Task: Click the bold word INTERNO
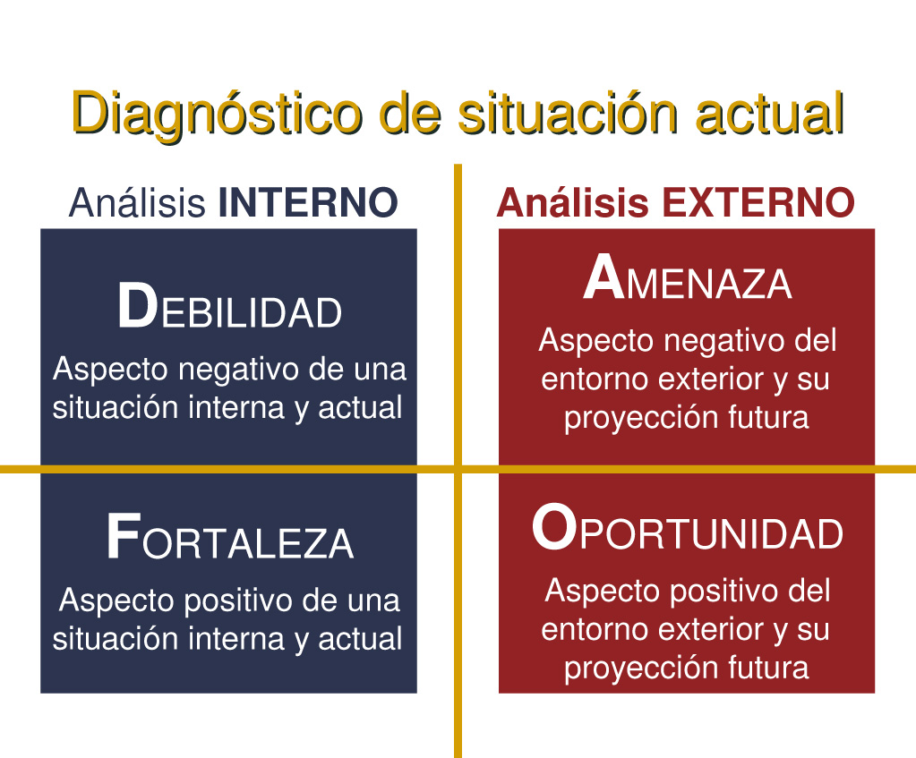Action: tap(308, 204)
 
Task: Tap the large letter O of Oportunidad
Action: tap(552, 529)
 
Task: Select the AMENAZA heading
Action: tap(687, 281)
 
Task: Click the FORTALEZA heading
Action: tap(229, 540)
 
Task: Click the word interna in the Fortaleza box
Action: tap(234, 639)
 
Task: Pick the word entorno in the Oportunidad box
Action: tap(595, 629)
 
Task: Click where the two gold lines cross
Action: tap(458, 469)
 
